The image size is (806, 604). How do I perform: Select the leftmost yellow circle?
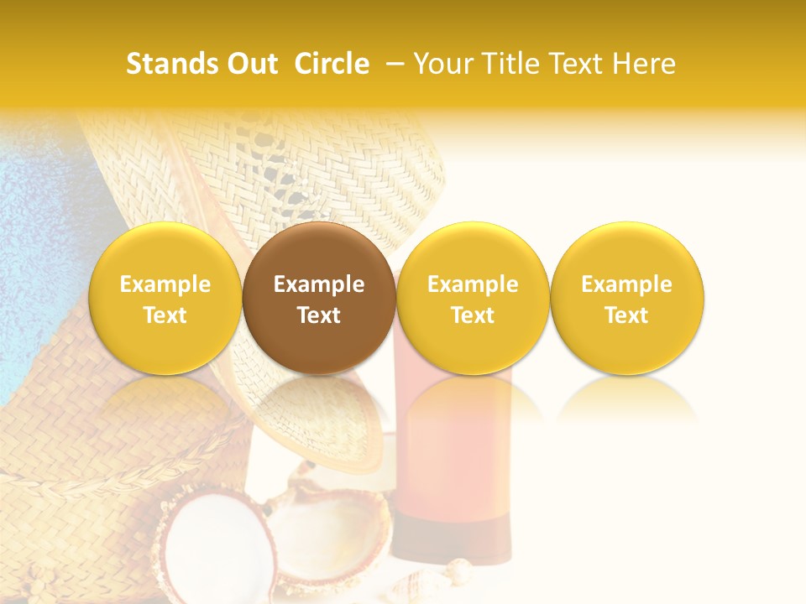point(165,299)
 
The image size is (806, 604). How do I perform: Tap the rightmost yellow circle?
point(626,299)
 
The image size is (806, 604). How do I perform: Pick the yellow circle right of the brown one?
point(473,299)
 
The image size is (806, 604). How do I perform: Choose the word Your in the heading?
point(443,64)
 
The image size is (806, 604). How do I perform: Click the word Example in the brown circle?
point(319,284)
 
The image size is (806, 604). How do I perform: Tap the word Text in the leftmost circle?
point(165,315)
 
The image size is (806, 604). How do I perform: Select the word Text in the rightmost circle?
point(626,315)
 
